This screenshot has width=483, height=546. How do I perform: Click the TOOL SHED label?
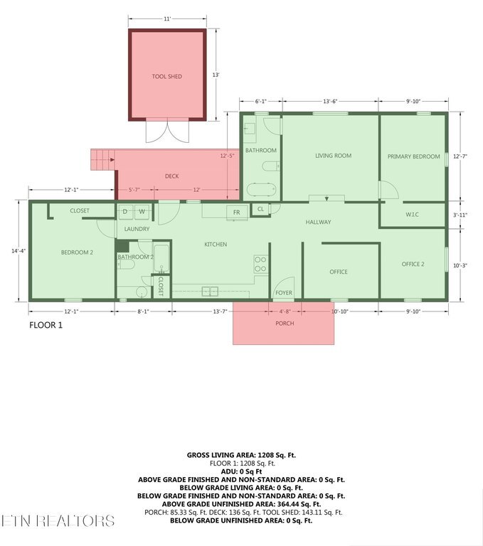click(x=167, y=76)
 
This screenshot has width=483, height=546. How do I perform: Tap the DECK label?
click(x=172, y=176)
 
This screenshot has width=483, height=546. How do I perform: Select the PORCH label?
click(x=285, y=323)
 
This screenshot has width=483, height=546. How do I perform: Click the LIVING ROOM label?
click(x=333, y=156)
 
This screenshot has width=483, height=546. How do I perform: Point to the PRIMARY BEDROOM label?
click(x=414, y=156)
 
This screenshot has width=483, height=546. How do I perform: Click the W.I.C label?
click(x=412, y=215)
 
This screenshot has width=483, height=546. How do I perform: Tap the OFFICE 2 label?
click(x=413, y=264)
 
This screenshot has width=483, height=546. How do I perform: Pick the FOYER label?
click(x=284, y=293)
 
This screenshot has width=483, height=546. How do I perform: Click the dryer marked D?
click(x=125, y=212)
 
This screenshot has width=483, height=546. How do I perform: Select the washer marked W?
click(x=142, y=212)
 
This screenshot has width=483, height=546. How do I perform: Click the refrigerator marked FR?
click(x=237, y=212)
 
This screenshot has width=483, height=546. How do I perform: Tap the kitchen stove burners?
click(x=260, y=264)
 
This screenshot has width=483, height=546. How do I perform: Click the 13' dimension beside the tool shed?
click(x=216, y=75)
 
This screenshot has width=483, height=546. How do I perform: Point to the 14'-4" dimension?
click(x=18, y=251)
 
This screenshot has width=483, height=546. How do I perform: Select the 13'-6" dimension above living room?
click(x=330, y=102)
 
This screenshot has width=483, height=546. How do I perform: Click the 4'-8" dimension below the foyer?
click(x=285, y=311)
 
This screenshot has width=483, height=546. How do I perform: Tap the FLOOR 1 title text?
click(x=46, y=325)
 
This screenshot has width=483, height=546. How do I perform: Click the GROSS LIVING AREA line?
click(x=241, y=455)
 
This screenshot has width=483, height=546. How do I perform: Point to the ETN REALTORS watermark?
click(x=58, y=521)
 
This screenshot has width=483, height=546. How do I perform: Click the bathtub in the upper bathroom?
click(x=261, y=190)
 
